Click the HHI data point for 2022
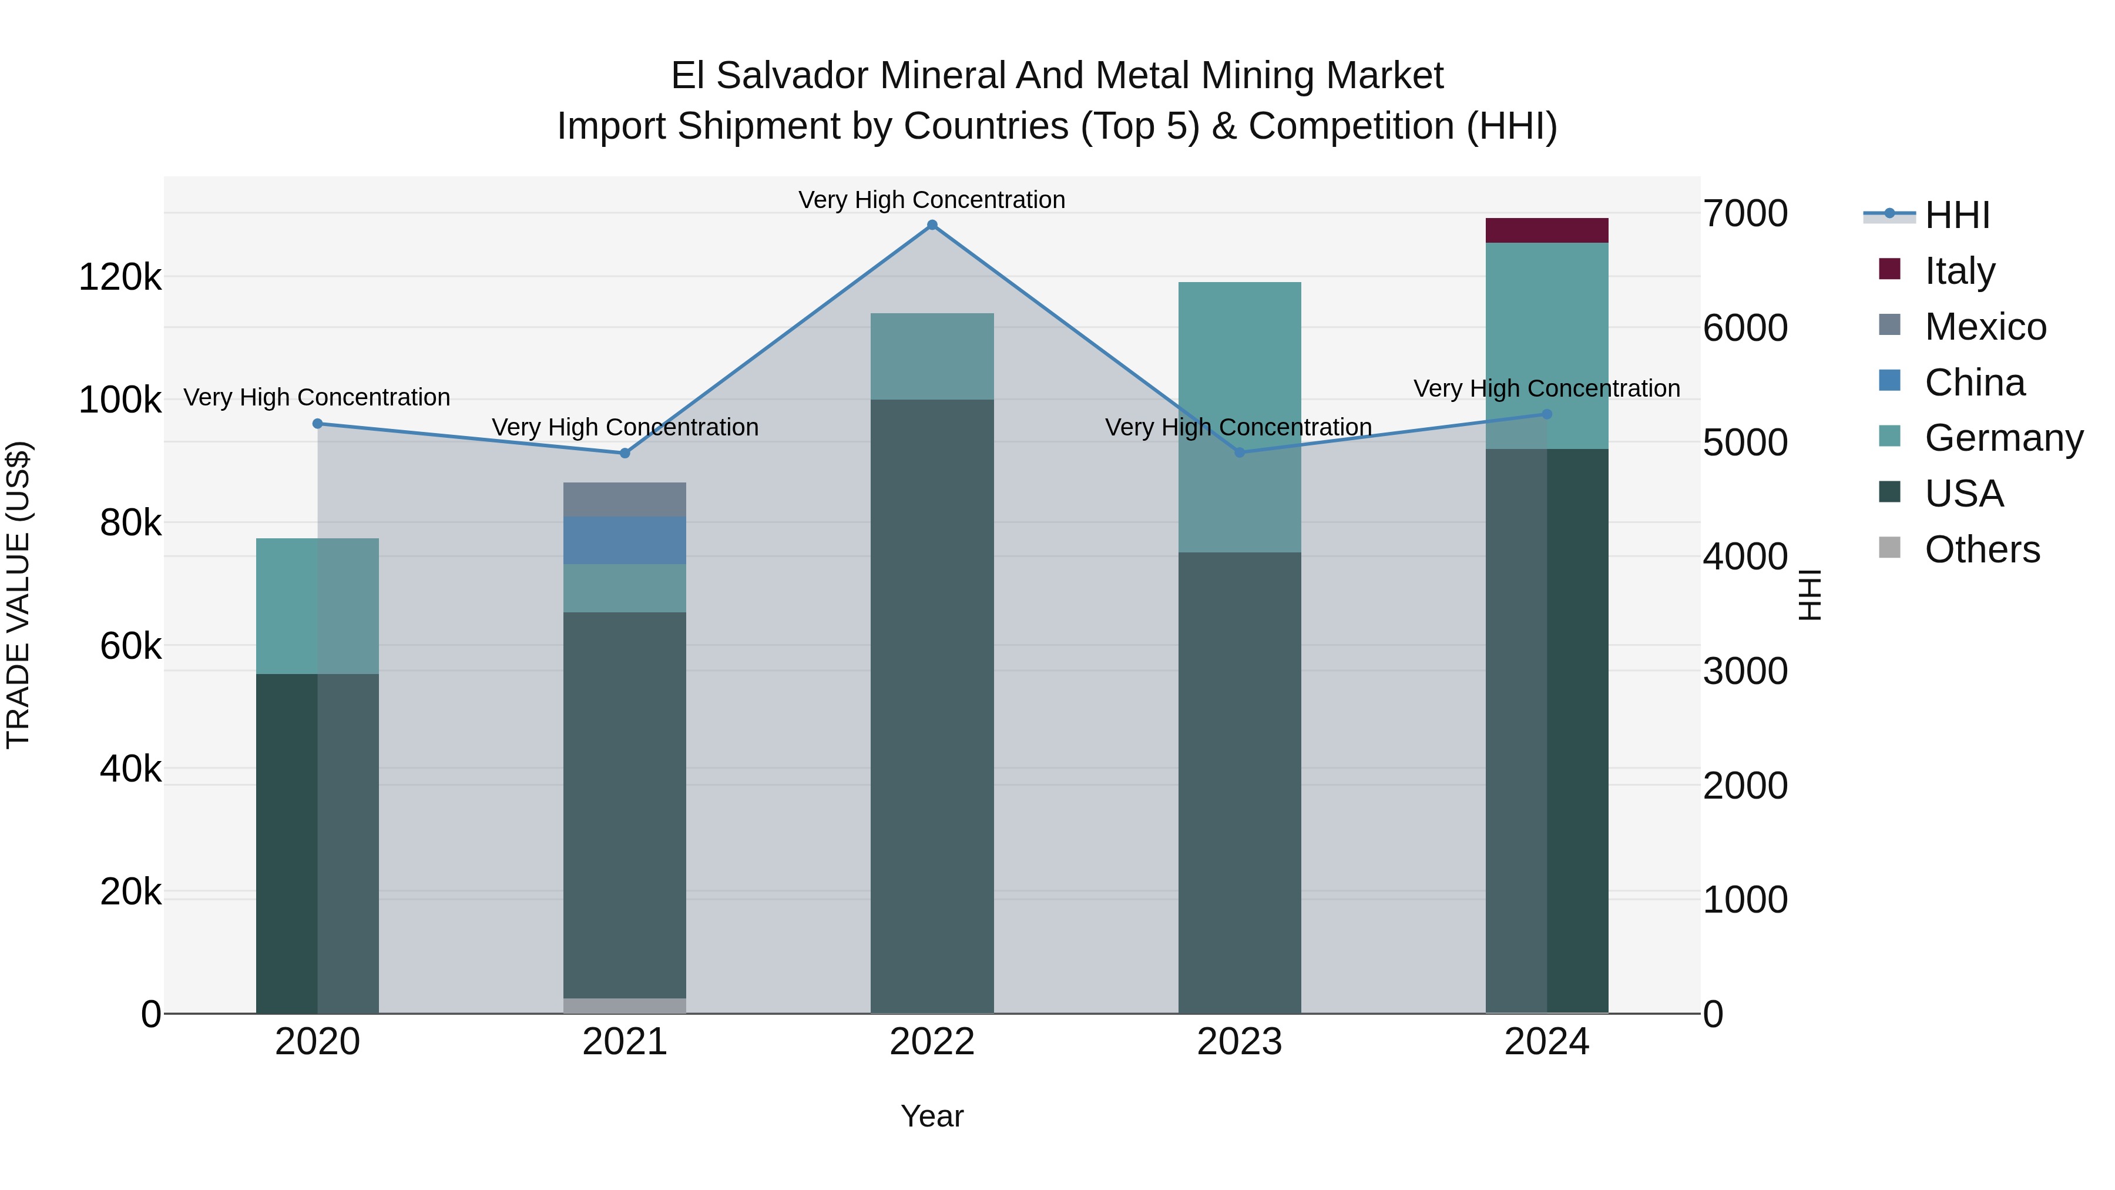(x=932, y=225)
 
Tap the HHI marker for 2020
(x=318, y=424)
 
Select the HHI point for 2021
(x=625, y=453)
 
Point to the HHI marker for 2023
(x=1240, y=452)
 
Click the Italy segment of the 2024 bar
(x=1547, y=231)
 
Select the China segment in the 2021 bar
(x=625, y=541)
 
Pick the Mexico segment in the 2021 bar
(x=625, y=500)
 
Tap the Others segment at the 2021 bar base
(x=625, y=1005)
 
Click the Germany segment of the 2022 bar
(x=932, y=357)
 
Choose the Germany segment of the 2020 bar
(x=318, y=606)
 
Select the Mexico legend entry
(x=1985, y=327)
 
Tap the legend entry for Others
(x=1981, y=549)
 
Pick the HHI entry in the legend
(x=1956, y=215)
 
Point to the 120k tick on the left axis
(x=120, y=277)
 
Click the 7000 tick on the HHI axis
(x=1745, y=213)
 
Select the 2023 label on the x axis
(x=1240, y=1042)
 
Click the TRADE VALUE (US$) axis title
(x=18, y=595)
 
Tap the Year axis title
(x=932, y=1116)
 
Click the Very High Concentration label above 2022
(x=932, y=200)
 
